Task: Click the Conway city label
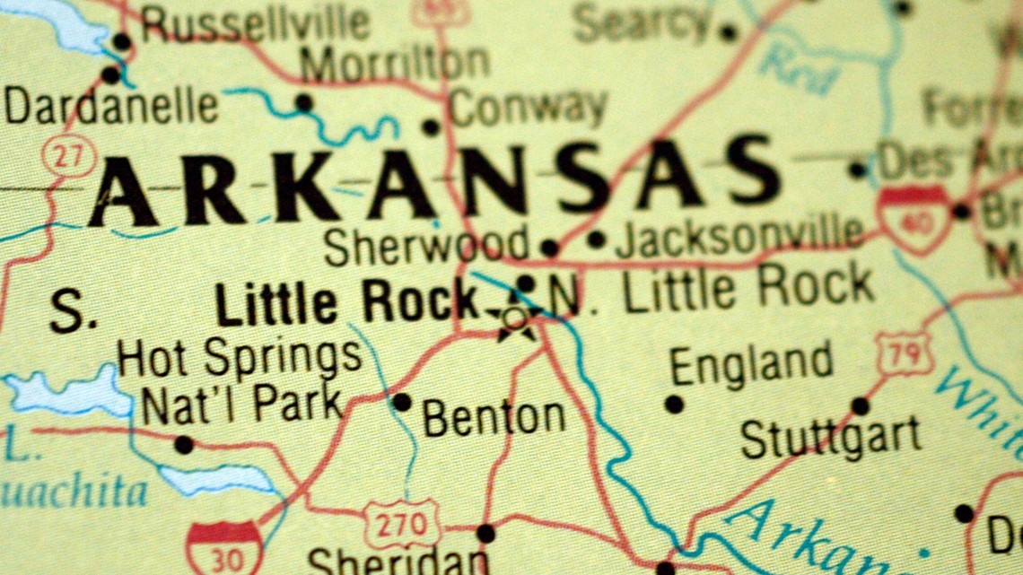(x=529, y=109)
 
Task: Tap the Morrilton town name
(x=395, y=64)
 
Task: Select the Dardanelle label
(x=111, y=107)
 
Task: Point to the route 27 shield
(x=67, y=154)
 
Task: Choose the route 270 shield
(x=401, y=523)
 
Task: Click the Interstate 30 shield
(x=224, y=548)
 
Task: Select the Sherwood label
(x=426, y=245)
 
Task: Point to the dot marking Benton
(x=401, y=403)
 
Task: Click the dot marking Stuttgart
(x=860, y=406)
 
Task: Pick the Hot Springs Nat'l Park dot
(x=184, y=444)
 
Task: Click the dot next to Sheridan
(x=485, y=534)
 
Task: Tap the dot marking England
(x=674, y=404)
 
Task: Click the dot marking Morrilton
(x=304, y=102)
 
